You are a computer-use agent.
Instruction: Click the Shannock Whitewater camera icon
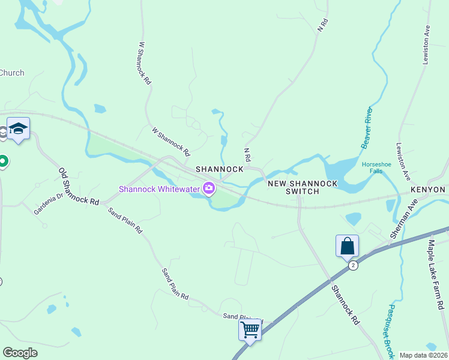click(x=209, y=188)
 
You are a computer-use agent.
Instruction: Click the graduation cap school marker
click(x=19, y=128)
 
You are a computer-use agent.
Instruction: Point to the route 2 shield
click(x=353, y=265)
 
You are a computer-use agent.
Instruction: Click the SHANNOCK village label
click(x=220, y=169)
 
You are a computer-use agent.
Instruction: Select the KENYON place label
click(x=428, y=190)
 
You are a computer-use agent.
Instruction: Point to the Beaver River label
click(x=367, y=128)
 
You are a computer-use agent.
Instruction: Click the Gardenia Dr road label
click(x=48, y=204)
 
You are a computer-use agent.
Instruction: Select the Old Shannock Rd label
click(x=79, y=187)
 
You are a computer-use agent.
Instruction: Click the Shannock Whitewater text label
click(x=160, y=188)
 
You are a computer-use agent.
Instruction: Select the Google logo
click(x=20, y=352)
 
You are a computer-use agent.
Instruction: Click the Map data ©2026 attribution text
click(x=423, y=355)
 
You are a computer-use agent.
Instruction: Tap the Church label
click(x=12, y=73)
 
